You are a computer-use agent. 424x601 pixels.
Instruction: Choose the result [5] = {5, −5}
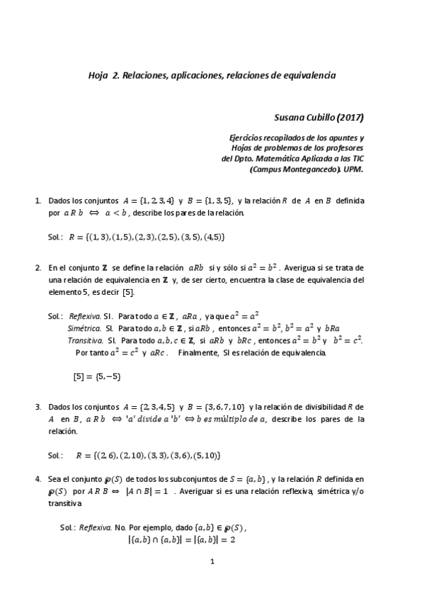pyautogui.click(x=97, y=376)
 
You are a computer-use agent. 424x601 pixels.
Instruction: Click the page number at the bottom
pyautogui.click(x=212, y=562)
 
